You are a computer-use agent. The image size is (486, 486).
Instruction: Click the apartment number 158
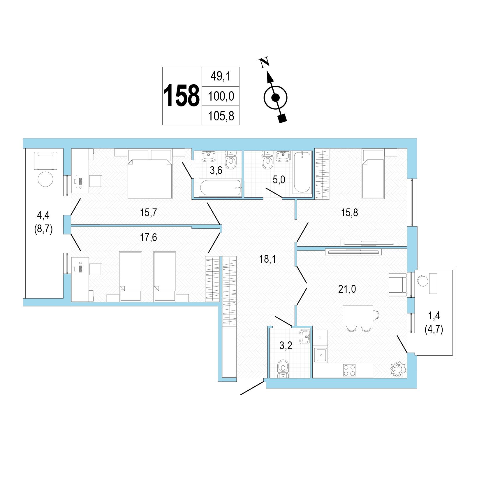click(x=181, y=96)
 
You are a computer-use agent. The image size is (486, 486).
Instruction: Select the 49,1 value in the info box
click(x=221, y=76)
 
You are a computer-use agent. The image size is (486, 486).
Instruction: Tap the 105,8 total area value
click(x=221, y=116)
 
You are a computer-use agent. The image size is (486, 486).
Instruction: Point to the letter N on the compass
click(x=264, y=62)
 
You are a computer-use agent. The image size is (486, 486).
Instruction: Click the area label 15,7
click(x=148, y=213)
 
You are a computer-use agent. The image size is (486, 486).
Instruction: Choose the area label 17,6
click(x=148, y=238)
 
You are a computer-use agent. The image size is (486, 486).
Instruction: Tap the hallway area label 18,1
click(x=267, y=259)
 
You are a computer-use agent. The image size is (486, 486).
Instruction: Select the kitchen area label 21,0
click(x=347, y=289)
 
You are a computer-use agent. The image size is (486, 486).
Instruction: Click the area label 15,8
click(x=349, y=213)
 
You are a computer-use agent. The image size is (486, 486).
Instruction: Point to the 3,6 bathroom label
click(x=216, y=170)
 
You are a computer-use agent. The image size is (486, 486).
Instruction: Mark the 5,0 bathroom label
click(x=279, y=180)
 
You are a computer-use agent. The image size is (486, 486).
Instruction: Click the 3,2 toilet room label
click(x=286, y=346)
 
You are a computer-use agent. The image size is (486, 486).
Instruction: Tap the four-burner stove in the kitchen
click(x=349, y=370)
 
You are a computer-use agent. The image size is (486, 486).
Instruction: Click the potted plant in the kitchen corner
click(x=398, y=369)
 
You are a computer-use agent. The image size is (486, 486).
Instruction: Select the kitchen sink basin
click(x=321, y=355)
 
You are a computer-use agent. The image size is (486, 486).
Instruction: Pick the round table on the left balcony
click(x=45, y=179)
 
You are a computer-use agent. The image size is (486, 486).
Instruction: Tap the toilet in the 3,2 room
click(x=283, y=369)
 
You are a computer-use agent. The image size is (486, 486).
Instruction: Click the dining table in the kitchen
click(x=358, y=316)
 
